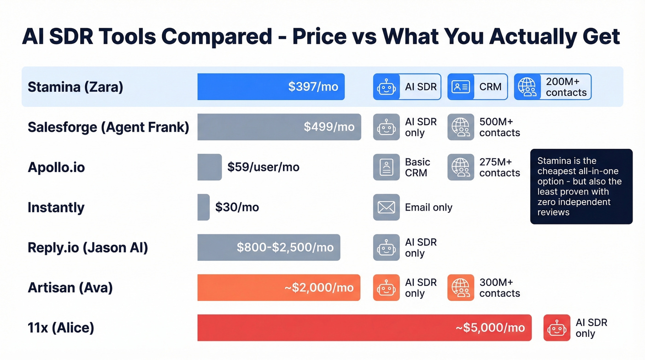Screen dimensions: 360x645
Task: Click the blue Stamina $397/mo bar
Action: [271, 87]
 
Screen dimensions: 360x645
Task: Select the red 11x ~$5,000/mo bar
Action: [364, 328]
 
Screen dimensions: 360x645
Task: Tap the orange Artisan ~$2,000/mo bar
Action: [279, 288]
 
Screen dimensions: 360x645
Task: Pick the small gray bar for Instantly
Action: [203, 207]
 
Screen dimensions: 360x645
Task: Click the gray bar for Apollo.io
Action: [209, 167]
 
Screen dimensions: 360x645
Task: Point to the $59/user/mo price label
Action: [263, 167]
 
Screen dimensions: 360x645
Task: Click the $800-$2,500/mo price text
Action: [285, 248]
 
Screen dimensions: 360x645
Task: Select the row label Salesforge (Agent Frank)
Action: [108, 127]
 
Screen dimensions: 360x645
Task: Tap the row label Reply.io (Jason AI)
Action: [88, 248]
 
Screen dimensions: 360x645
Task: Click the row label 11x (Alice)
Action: [61, 328]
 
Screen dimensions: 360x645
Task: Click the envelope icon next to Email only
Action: [386, 207]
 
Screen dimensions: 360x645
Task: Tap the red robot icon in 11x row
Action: [557, 328]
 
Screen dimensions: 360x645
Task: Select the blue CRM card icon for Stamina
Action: [461, 87]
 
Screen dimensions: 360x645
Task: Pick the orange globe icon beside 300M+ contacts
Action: [461, 288]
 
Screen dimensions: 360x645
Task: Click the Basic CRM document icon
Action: [386, 167]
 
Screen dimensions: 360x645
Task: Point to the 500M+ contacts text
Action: [499, 127]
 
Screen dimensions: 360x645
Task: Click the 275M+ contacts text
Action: [499, 167]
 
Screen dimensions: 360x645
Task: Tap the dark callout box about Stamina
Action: [581, 186]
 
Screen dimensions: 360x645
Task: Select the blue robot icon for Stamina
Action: [386, 87]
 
